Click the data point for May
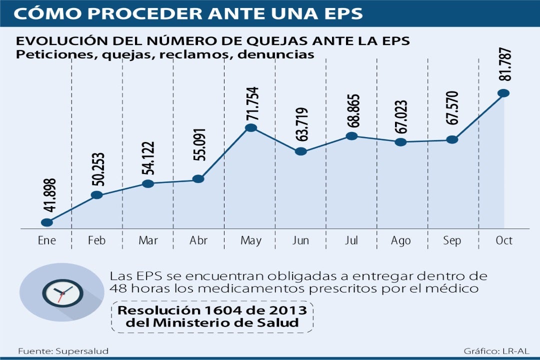(x=251, y=128)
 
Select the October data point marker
(x=503, y=93)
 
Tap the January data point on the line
(x=47, y=222)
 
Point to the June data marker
(x=301, y=151)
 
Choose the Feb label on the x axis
(x=96, y=240)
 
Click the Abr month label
(x=198, y=240)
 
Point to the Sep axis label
(x=452, y=240)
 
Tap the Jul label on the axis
(x=351, y=240)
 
